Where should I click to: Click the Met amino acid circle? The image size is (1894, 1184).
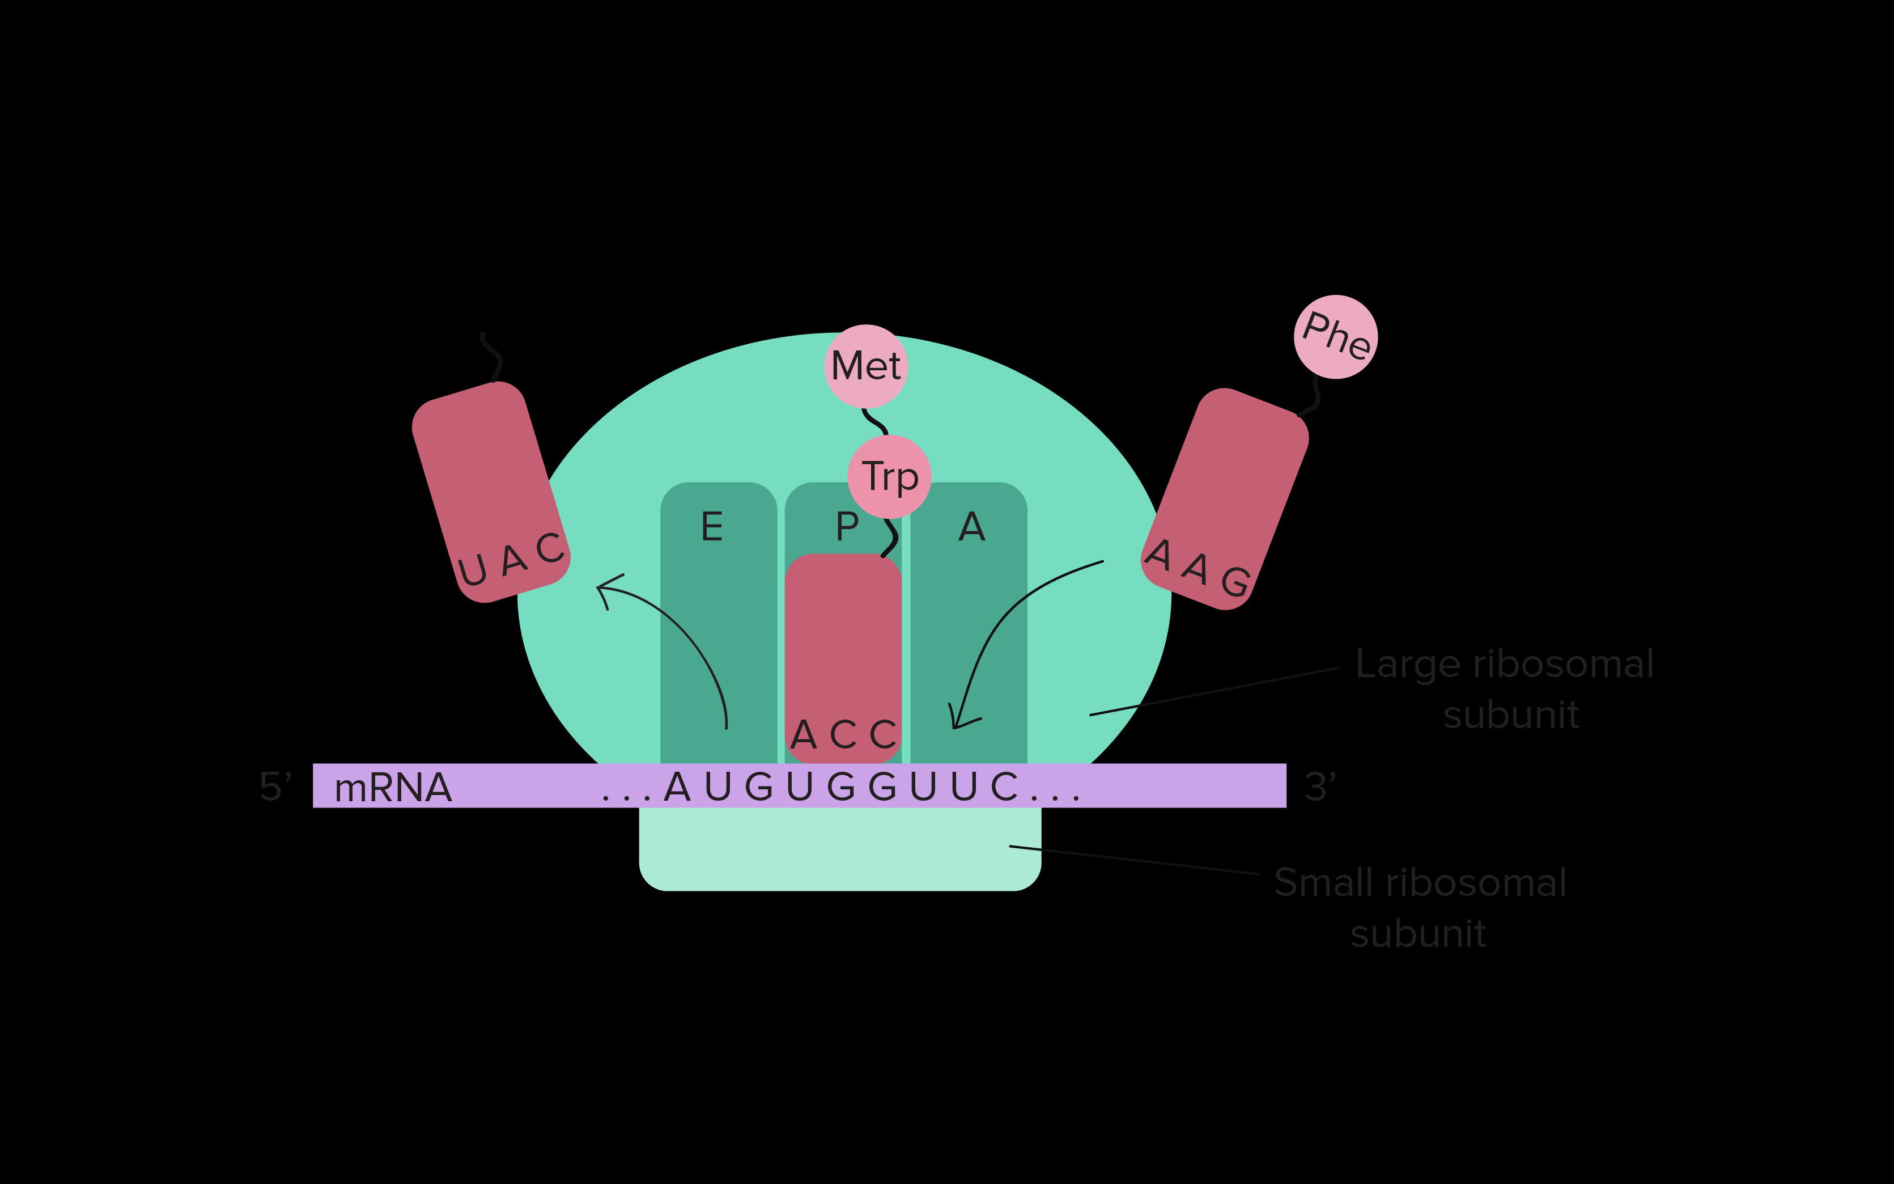865,366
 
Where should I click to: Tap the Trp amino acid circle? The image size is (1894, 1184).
889,476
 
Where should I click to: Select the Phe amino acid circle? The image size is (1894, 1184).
1336,337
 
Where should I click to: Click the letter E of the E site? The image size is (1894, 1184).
711,526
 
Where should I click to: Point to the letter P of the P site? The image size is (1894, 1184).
847,526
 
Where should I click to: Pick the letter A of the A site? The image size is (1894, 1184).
971,526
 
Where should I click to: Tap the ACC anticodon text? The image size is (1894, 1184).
843,734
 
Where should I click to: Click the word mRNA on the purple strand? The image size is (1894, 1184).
393,787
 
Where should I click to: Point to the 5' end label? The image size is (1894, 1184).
275,786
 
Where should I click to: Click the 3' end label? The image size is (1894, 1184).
1320,786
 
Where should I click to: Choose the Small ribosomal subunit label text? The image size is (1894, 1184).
1420,908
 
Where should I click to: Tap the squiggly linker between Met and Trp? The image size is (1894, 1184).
875,422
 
